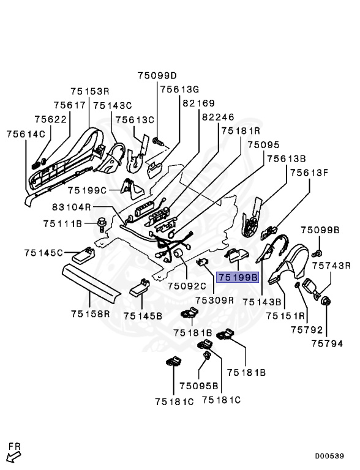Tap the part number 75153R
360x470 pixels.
tap(89, 91)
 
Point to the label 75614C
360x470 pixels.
tap(26, 133)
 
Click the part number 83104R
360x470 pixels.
tap(72, 207)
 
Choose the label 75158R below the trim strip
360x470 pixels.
tap(90, 314)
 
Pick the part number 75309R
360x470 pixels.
tap(215, 300)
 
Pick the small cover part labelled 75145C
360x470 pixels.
tap(83, 254)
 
